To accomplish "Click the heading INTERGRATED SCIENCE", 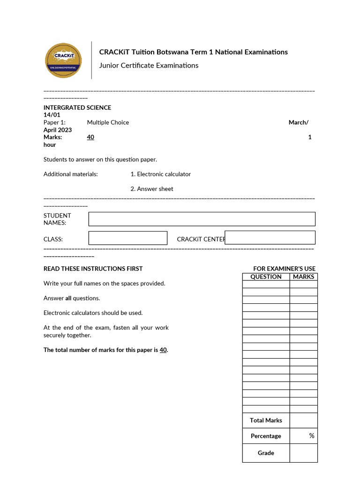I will (77, 107).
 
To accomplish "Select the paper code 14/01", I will (52, 115).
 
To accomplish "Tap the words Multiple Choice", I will (108, 122).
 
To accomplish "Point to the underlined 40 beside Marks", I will (90, 137).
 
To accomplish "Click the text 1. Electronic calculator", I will (161, 174).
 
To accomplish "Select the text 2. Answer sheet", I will (152, 189).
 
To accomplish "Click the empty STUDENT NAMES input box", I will (202, 219).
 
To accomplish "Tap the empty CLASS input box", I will (127, 238).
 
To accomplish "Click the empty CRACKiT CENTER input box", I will (270, 238).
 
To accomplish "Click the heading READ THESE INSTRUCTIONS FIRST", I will (93, 269).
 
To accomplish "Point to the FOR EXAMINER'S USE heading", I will (284, 269).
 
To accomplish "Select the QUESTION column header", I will (266, 277).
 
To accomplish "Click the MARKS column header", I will (303, 277).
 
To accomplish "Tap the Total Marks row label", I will (266, 420).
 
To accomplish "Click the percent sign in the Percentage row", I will (312, 436).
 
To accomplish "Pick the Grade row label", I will (266, 453).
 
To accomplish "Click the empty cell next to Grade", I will (303, 453).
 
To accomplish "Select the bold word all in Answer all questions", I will (68, 298).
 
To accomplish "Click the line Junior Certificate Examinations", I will (149, 66).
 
